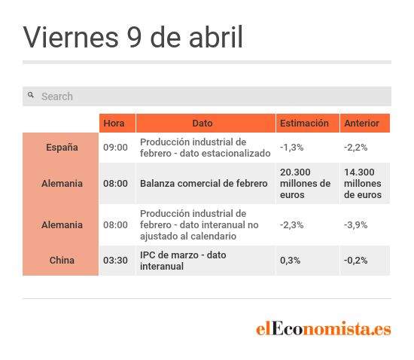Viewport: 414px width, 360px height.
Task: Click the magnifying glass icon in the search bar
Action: click(x=31, y=95)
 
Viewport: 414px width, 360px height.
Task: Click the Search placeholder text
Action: click(x=57, y=96)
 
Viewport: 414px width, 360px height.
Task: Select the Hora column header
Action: click(x=114, y=123)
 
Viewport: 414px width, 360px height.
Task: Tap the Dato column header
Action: click(x=202, y=123)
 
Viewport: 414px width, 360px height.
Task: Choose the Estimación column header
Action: click(x=304, y=123)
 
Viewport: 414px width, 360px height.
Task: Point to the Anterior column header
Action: click(x=362, y=123)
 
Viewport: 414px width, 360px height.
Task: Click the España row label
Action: click(x=62, y=148)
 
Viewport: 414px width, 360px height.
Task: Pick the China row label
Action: click(x=62, y=260)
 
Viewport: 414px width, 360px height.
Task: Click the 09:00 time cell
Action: click(x=115, y=148)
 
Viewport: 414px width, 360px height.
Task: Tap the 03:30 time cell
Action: click(x=115, y=261)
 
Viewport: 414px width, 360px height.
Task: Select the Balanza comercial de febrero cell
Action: click(x=204, y=183)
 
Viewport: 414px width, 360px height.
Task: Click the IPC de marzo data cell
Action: click(x=183, y=261)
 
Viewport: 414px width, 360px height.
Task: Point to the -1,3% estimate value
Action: click(x=291, y=148)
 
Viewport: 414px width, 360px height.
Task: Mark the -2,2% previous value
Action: click(x=355, y=148)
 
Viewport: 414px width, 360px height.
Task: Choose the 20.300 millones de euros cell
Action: click(x=305, y=183)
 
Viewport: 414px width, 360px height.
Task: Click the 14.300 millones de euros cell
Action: click(x=363, y=183)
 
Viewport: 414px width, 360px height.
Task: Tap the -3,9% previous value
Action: click(x=355, y=225)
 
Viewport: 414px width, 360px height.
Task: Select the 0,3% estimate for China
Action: click(x=290, y=261)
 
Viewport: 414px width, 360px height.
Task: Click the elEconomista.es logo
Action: click(x=324, y=328)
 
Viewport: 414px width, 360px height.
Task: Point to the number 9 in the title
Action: click(x=134, y=37)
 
